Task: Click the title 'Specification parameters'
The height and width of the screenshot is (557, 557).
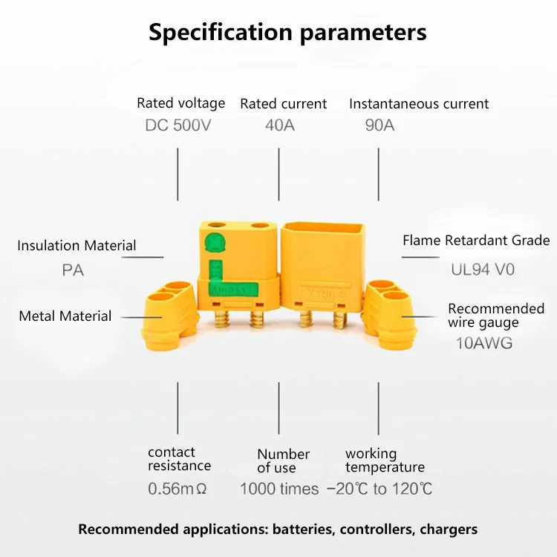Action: point(287,33)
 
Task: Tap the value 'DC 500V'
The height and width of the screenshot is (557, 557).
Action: point(178,125)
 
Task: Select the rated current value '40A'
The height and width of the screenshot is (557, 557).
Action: point(280,125)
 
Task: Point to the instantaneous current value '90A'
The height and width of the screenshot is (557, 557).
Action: point(380,125)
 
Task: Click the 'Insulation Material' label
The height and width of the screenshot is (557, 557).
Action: point(76,246)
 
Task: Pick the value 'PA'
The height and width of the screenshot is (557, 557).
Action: point(73,270)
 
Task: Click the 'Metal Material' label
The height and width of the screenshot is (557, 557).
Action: point(65,316)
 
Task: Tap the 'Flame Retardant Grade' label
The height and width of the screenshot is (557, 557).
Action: point(476,241)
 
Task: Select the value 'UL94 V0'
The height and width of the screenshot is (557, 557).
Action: point(483,270)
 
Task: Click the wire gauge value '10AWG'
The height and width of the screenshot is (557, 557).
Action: point(484,343)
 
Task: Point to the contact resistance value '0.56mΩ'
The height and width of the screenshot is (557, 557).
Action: point(177,489)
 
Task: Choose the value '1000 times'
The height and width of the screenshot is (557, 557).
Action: point(279,489)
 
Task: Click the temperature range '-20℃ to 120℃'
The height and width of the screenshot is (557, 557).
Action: point(380,489)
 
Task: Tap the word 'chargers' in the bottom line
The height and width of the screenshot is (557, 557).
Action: point(449,530)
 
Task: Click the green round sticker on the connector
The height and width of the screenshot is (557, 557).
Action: point(215,243)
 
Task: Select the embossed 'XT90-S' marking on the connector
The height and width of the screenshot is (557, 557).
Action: point(325,294)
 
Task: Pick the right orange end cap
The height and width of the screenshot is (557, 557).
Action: point(390,313)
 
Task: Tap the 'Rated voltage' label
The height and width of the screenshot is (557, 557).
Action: point(180,103)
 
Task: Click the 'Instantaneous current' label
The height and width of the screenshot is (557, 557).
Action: point(419,104)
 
